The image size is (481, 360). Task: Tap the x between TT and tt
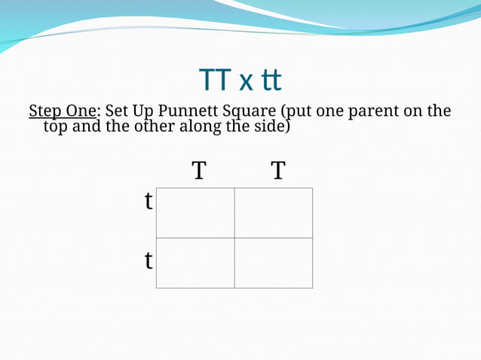click(245, 81)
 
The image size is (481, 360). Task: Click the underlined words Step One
click(63, 111)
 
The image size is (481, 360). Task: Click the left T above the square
click(198, 171)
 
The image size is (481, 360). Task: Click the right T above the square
click(278, 171)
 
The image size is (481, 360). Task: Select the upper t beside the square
click(149, 202)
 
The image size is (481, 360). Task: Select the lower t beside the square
click(149, 261)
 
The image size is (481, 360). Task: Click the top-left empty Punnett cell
click(195, 213)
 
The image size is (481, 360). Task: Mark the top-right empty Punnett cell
click(274, 213)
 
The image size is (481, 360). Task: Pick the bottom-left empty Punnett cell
click(195, 263)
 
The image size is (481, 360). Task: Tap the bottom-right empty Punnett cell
click(274, 263)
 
